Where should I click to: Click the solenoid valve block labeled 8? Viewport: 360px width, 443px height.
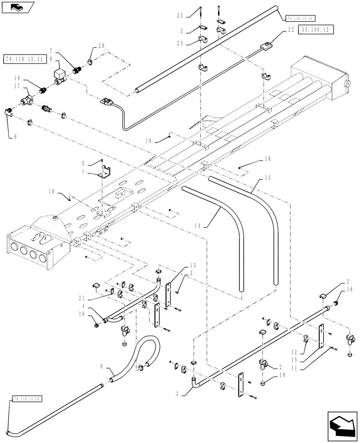58,74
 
